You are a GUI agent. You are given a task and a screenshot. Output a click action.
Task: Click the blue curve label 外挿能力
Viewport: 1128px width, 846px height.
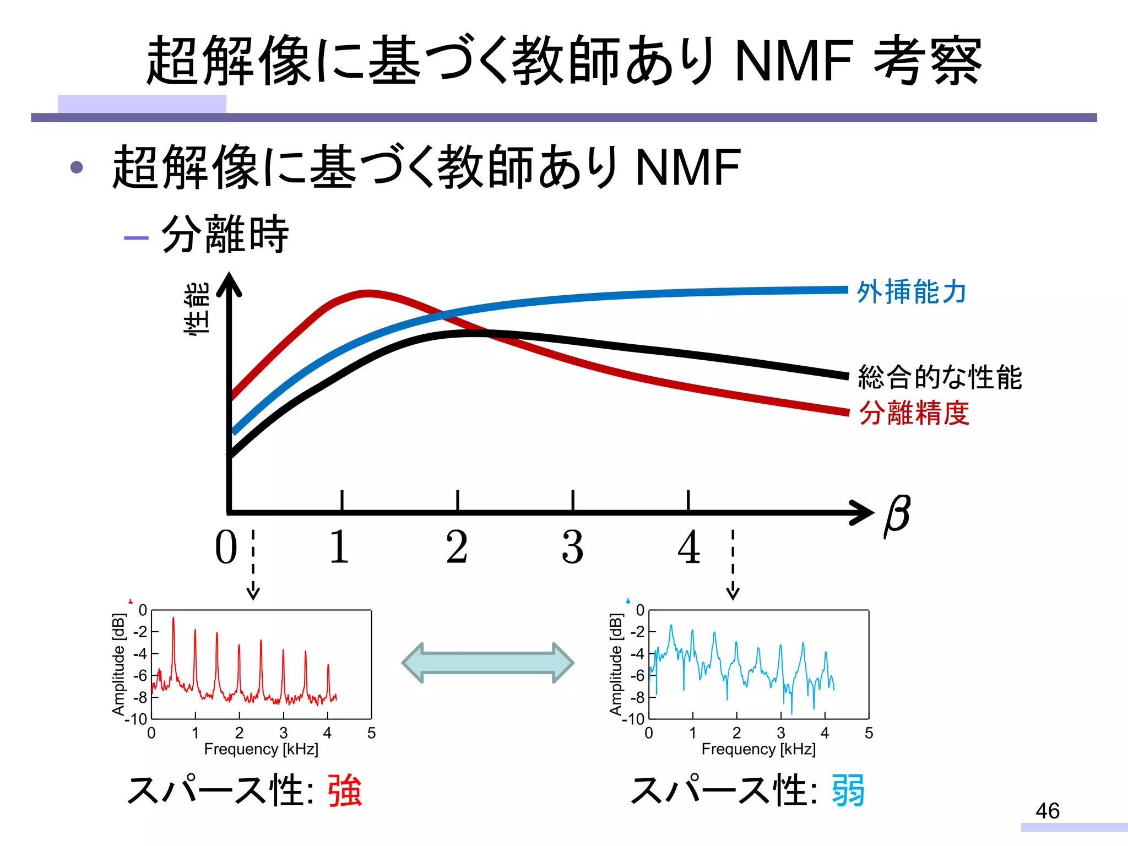(912, 292)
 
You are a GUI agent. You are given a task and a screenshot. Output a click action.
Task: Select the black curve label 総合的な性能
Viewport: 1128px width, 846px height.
(940, 377)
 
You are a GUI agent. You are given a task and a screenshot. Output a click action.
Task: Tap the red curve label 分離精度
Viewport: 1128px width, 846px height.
(914, 413)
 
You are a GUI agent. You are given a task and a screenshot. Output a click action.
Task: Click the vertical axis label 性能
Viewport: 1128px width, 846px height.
(197, 308)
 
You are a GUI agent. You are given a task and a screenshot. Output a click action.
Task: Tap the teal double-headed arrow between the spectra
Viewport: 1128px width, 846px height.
(488, 663)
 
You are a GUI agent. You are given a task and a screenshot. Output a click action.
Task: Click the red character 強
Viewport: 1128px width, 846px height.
(345, 790)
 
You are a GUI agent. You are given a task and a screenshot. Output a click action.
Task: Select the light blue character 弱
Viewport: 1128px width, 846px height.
(848, 790)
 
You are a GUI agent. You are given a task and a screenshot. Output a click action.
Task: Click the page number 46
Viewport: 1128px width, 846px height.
(1047, 811)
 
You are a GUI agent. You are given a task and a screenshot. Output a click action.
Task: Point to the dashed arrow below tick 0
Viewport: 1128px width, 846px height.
(253, 565)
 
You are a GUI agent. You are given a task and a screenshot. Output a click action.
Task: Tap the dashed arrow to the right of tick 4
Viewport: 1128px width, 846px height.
(733, 565)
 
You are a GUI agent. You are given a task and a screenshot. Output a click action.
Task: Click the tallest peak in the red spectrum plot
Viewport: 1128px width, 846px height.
(173, 619)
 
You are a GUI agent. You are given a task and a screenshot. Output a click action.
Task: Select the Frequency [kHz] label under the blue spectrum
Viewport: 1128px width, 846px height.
(758, 749)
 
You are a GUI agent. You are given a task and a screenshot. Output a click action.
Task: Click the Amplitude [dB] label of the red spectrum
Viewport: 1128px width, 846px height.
(118, 664)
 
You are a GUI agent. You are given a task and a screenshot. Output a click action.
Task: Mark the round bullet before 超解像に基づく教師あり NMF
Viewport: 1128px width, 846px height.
(77, 167)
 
